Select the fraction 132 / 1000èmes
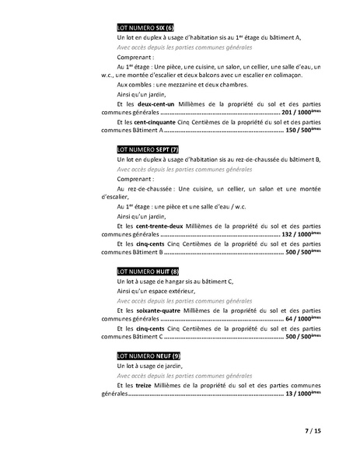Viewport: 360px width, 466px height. [301, 233]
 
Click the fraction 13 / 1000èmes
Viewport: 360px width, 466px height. [302, 394]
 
